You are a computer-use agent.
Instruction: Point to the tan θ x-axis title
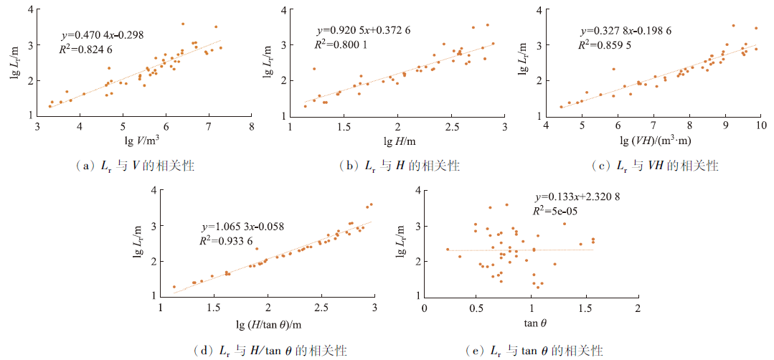click(x=531, y=325)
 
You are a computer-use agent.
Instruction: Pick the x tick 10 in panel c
click(x=760, y=128)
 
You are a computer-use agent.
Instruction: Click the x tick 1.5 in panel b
click(x=344, y=128)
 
